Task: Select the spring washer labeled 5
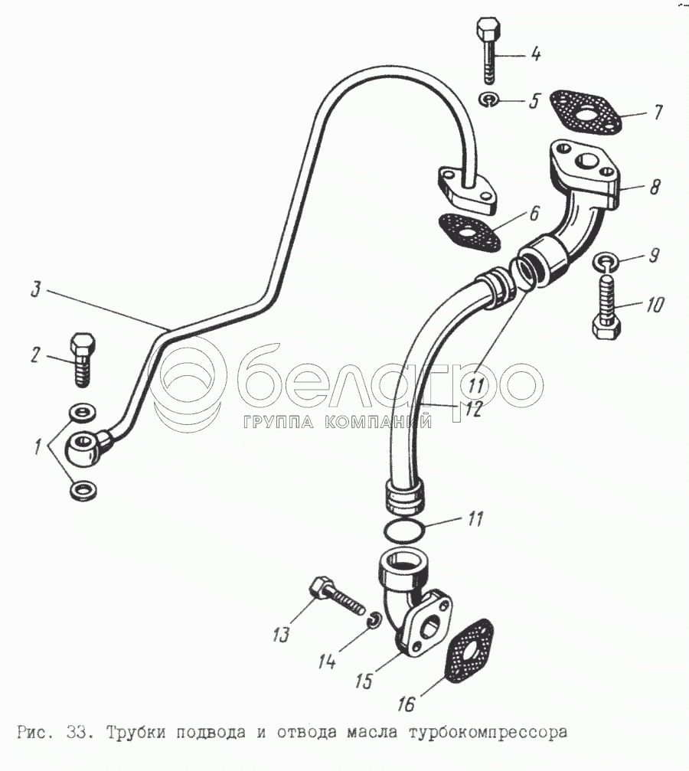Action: tap(489, 100)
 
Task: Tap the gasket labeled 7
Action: tap(585, 111)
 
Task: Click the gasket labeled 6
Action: tap(469, 231)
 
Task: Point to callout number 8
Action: tap(655, 187)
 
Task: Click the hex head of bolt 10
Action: tap(606, 327)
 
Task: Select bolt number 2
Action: tap(83, 361)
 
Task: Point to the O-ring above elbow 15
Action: tap(403, 531)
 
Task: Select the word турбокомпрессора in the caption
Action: tap(488, 733)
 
